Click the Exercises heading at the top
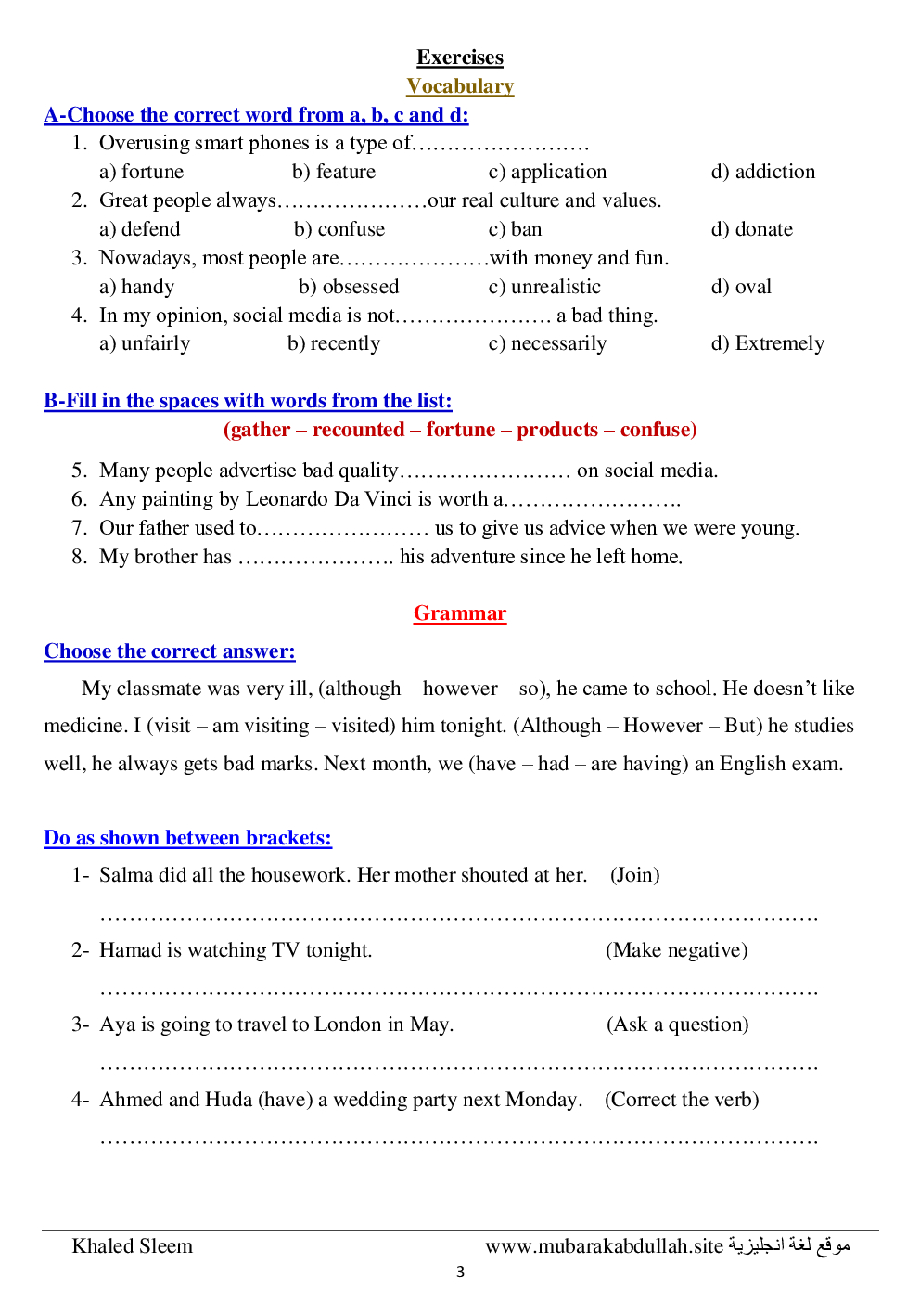(459, 58)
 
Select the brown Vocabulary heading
(460, 86)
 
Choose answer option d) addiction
(763, 172)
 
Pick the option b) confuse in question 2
(339, 229)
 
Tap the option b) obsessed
(349, 287)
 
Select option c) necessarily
(547, 343)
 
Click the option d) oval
(741, 287)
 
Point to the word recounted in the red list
(358, 430)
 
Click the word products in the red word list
(557, 430)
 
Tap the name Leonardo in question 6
(287, 499)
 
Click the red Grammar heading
(460, 613)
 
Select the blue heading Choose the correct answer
(170, 651)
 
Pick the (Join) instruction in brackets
(635, 875)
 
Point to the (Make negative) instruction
(677, 950)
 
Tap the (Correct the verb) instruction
(682, 1100)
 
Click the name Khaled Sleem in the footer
(133, 1246)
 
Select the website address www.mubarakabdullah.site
(604, 1246)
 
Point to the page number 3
(460, 1272)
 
